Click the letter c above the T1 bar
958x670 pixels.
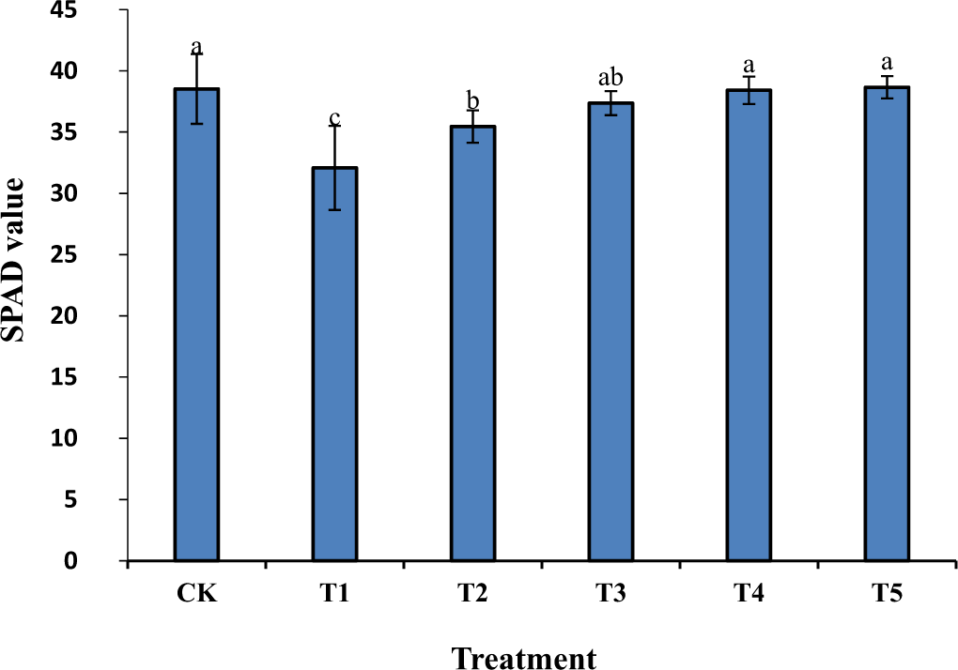(x=334, y=118)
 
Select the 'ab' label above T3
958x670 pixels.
(x=610, y=78)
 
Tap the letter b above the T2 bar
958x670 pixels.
(x=472, y=101)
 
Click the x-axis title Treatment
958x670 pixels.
(x=524, y=657)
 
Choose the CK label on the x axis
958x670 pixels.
(x=196, y=595)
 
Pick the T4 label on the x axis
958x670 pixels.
(x=749, y=595)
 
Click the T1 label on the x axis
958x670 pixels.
(x=334, y=595)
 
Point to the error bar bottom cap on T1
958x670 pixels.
(x=334, y=209)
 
